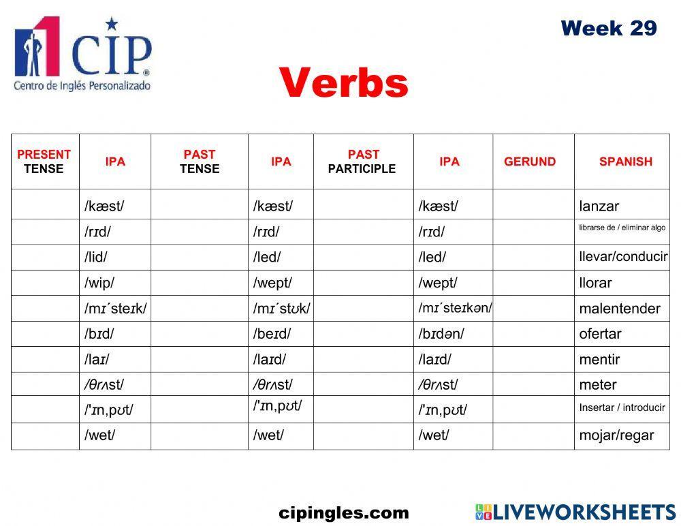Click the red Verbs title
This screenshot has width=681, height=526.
(343, 83)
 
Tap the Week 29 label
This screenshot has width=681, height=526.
(608, 29)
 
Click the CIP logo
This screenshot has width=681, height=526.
(82, 55)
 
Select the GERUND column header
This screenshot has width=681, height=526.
(529, 161)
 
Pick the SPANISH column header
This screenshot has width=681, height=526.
(625, 161)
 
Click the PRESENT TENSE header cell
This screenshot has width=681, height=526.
(44, 161)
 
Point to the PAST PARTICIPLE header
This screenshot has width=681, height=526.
(362, 161)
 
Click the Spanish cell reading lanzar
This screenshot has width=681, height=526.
(599, 206)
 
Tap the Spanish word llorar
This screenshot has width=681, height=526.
(595, 283)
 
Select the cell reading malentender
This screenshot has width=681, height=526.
(619, 309)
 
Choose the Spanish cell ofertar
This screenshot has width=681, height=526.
(600, 334)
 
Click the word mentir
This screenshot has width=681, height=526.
(599, 359)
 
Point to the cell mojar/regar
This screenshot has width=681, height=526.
(616, 435)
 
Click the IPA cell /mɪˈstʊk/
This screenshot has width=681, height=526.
(281, 309)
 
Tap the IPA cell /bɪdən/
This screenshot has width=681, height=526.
(441, 334)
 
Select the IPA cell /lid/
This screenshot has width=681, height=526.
(96, 258)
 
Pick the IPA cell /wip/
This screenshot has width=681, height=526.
(99, 283)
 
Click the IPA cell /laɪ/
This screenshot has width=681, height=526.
(97, 359)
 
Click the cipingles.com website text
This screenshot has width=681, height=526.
(344, 513)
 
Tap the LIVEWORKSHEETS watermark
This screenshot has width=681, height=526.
(575, 512)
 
